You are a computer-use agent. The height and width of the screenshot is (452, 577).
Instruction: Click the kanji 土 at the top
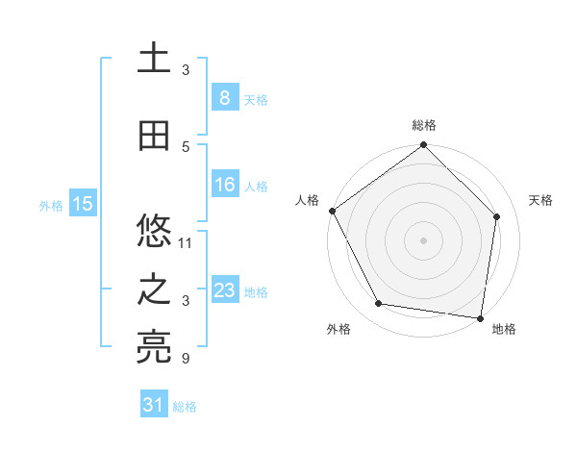tap(155, 59)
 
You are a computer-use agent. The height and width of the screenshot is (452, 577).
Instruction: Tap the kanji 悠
tap(155, 232)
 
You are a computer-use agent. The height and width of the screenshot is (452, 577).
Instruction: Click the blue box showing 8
tap(224, 97)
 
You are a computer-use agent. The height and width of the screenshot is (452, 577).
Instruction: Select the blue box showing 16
tap(224, 185)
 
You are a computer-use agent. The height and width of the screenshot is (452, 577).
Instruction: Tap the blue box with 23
tap(224, 290)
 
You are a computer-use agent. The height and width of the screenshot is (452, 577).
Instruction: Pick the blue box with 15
tap(83, 203)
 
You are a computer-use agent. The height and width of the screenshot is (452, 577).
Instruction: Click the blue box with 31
tap(154, 405)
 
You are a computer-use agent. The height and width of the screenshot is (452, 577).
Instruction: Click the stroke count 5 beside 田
tap(186, 147)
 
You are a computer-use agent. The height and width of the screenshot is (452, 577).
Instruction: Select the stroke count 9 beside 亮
tap(186, 360)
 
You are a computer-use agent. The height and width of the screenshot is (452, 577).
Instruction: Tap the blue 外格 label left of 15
tap(51, 205)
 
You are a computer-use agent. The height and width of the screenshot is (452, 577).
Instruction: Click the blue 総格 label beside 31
tap(185, 407)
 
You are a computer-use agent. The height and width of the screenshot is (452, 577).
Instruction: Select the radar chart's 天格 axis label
tap(540, 200)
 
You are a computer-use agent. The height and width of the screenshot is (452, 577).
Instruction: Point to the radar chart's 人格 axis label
tap(307, 200)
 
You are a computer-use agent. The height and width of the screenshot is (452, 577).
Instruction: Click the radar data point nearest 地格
tap(481, 317)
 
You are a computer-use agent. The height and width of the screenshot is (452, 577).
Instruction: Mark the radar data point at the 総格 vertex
tap(423, 146)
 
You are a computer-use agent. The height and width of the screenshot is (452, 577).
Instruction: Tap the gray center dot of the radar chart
tap(423, 239)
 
